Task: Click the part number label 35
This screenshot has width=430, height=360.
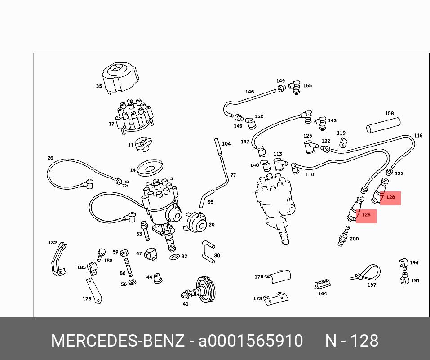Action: click(99, 86)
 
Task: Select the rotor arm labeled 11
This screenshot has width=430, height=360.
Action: click(144, 144)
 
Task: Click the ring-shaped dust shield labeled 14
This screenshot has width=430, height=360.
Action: click(150, 168)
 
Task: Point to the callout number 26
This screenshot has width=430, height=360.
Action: click(50, 158)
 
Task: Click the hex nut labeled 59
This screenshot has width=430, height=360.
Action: click(124, 253)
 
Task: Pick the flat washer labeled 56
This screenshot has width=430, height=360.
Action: click(133, 282)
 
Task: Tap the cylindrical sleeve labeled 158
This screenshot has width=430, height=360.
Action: click(383, 125)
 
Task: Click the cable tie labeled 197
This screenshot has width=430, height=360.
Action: click(366, 272)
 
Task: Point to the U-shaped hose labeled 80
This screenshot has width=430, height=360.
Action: click(208, 252)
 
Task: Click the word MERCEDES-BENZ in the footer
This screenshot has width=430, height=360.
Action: click(118, 341)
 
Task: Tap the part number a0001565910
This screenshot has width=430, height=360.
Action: click(251, 341)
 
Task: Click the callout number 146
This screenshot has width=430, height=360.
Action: click(249, 92)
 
